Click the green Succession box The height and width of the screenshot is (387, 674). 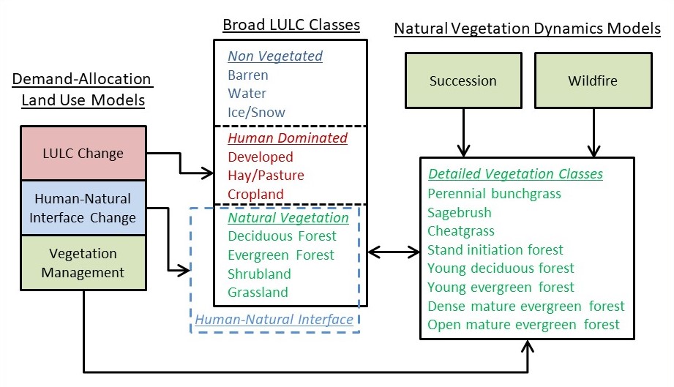(x=463, y=80)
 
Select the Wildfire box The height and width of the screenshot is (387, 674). (x=594, y=80)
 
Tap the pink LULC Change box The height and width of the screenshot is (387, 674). (x=83, y=153)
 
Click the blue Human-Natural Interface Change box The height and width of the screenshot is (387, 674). (x=83, y=208)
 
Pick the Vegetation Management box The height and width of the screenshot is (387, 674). (x=83, y=263)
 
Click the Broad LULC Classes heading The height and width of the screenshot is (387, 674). (x=291, y=25)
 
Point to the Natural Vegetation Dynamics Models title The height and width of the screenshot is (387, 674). (x=527, y=29)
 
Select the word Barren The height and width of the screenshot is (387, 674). (x=248, y=75)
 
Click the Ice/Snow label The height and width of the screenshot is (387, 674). (x=256, y=112)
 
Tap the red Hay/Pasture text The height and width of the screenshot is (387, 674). (x=266, y=176)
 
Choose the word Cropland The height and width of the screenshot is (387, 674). (x=255, y=194)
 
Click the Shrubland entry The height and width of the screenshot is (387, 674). (x=259, y=274)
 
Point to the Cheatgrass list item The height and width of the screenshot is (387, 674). (x=461, y=231)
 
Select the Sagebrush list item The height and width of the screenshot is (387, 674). (x=459, y=213)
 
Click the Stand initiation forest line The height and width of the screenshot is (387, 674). (x=495, y=249)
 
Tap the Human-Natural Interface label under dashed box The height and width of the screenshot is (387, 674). (x=274, y=319)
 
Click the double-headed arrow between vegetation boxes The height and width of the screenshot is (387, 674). (x=394, y=252)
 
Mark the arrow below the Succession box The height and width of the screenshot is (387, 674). (x=463, y=132)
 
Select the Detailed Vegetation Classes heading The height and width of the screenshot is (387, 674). (x=515, y=173)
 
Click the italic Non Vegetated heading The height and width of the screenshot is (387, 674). (x=275, y=56)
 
